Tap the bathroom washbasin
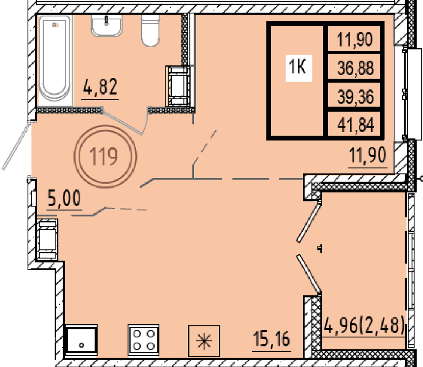(107, 25)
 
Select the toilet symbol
(150, 30)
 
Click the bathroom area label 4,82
(100, 87)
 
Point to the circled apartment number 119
(105, 156)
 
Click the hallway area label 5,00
(64, 198)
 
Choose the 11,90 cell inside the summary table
(355, 40)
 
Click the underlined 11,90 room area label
(368, 155)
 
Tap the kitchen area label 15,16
(272, 339)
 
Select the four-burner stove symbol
(143, 340)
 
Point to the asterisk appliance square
(204, 341)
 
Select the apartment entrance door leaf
(17, 146)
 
